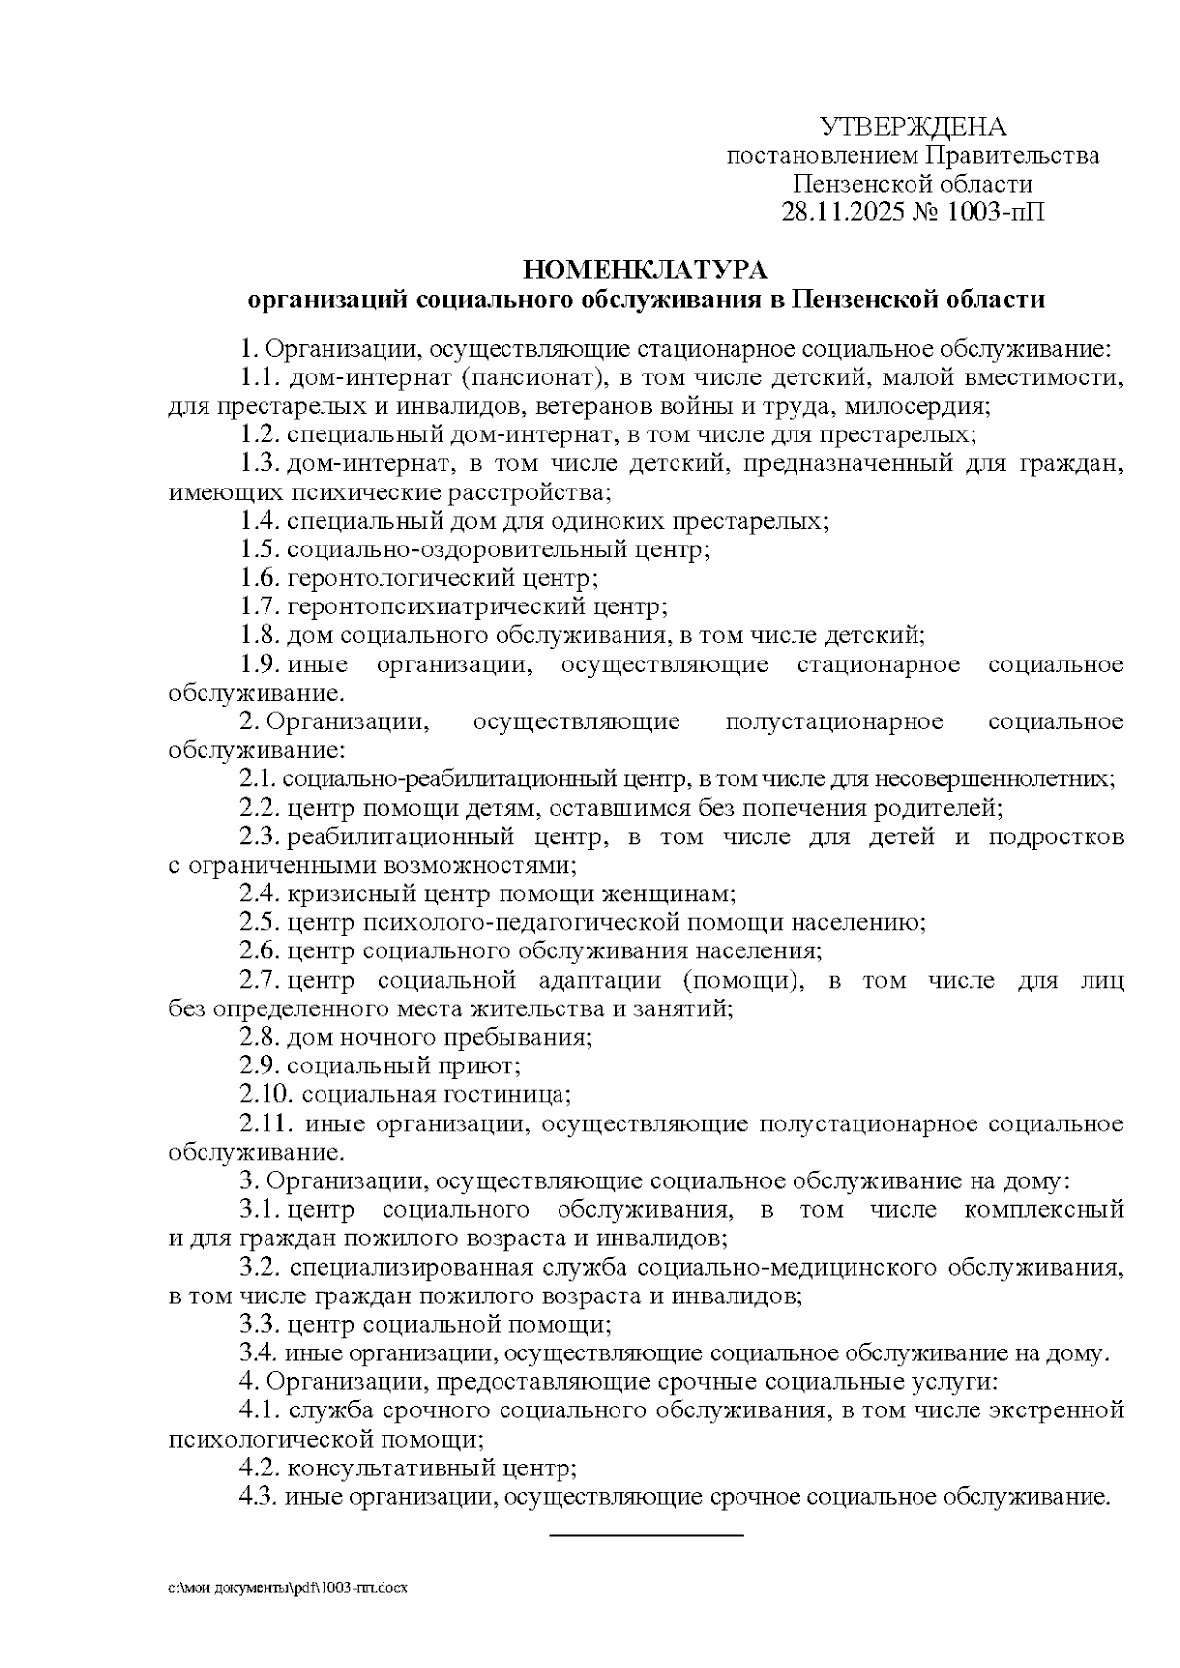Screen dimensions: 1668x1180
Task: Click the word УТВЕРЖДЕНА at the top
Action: (913, 127)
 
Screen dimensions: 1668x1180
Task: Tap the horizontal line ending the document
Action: (645, 1534)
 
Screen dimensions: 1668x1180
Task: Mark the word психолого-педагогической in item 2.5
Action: (519, 922)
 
